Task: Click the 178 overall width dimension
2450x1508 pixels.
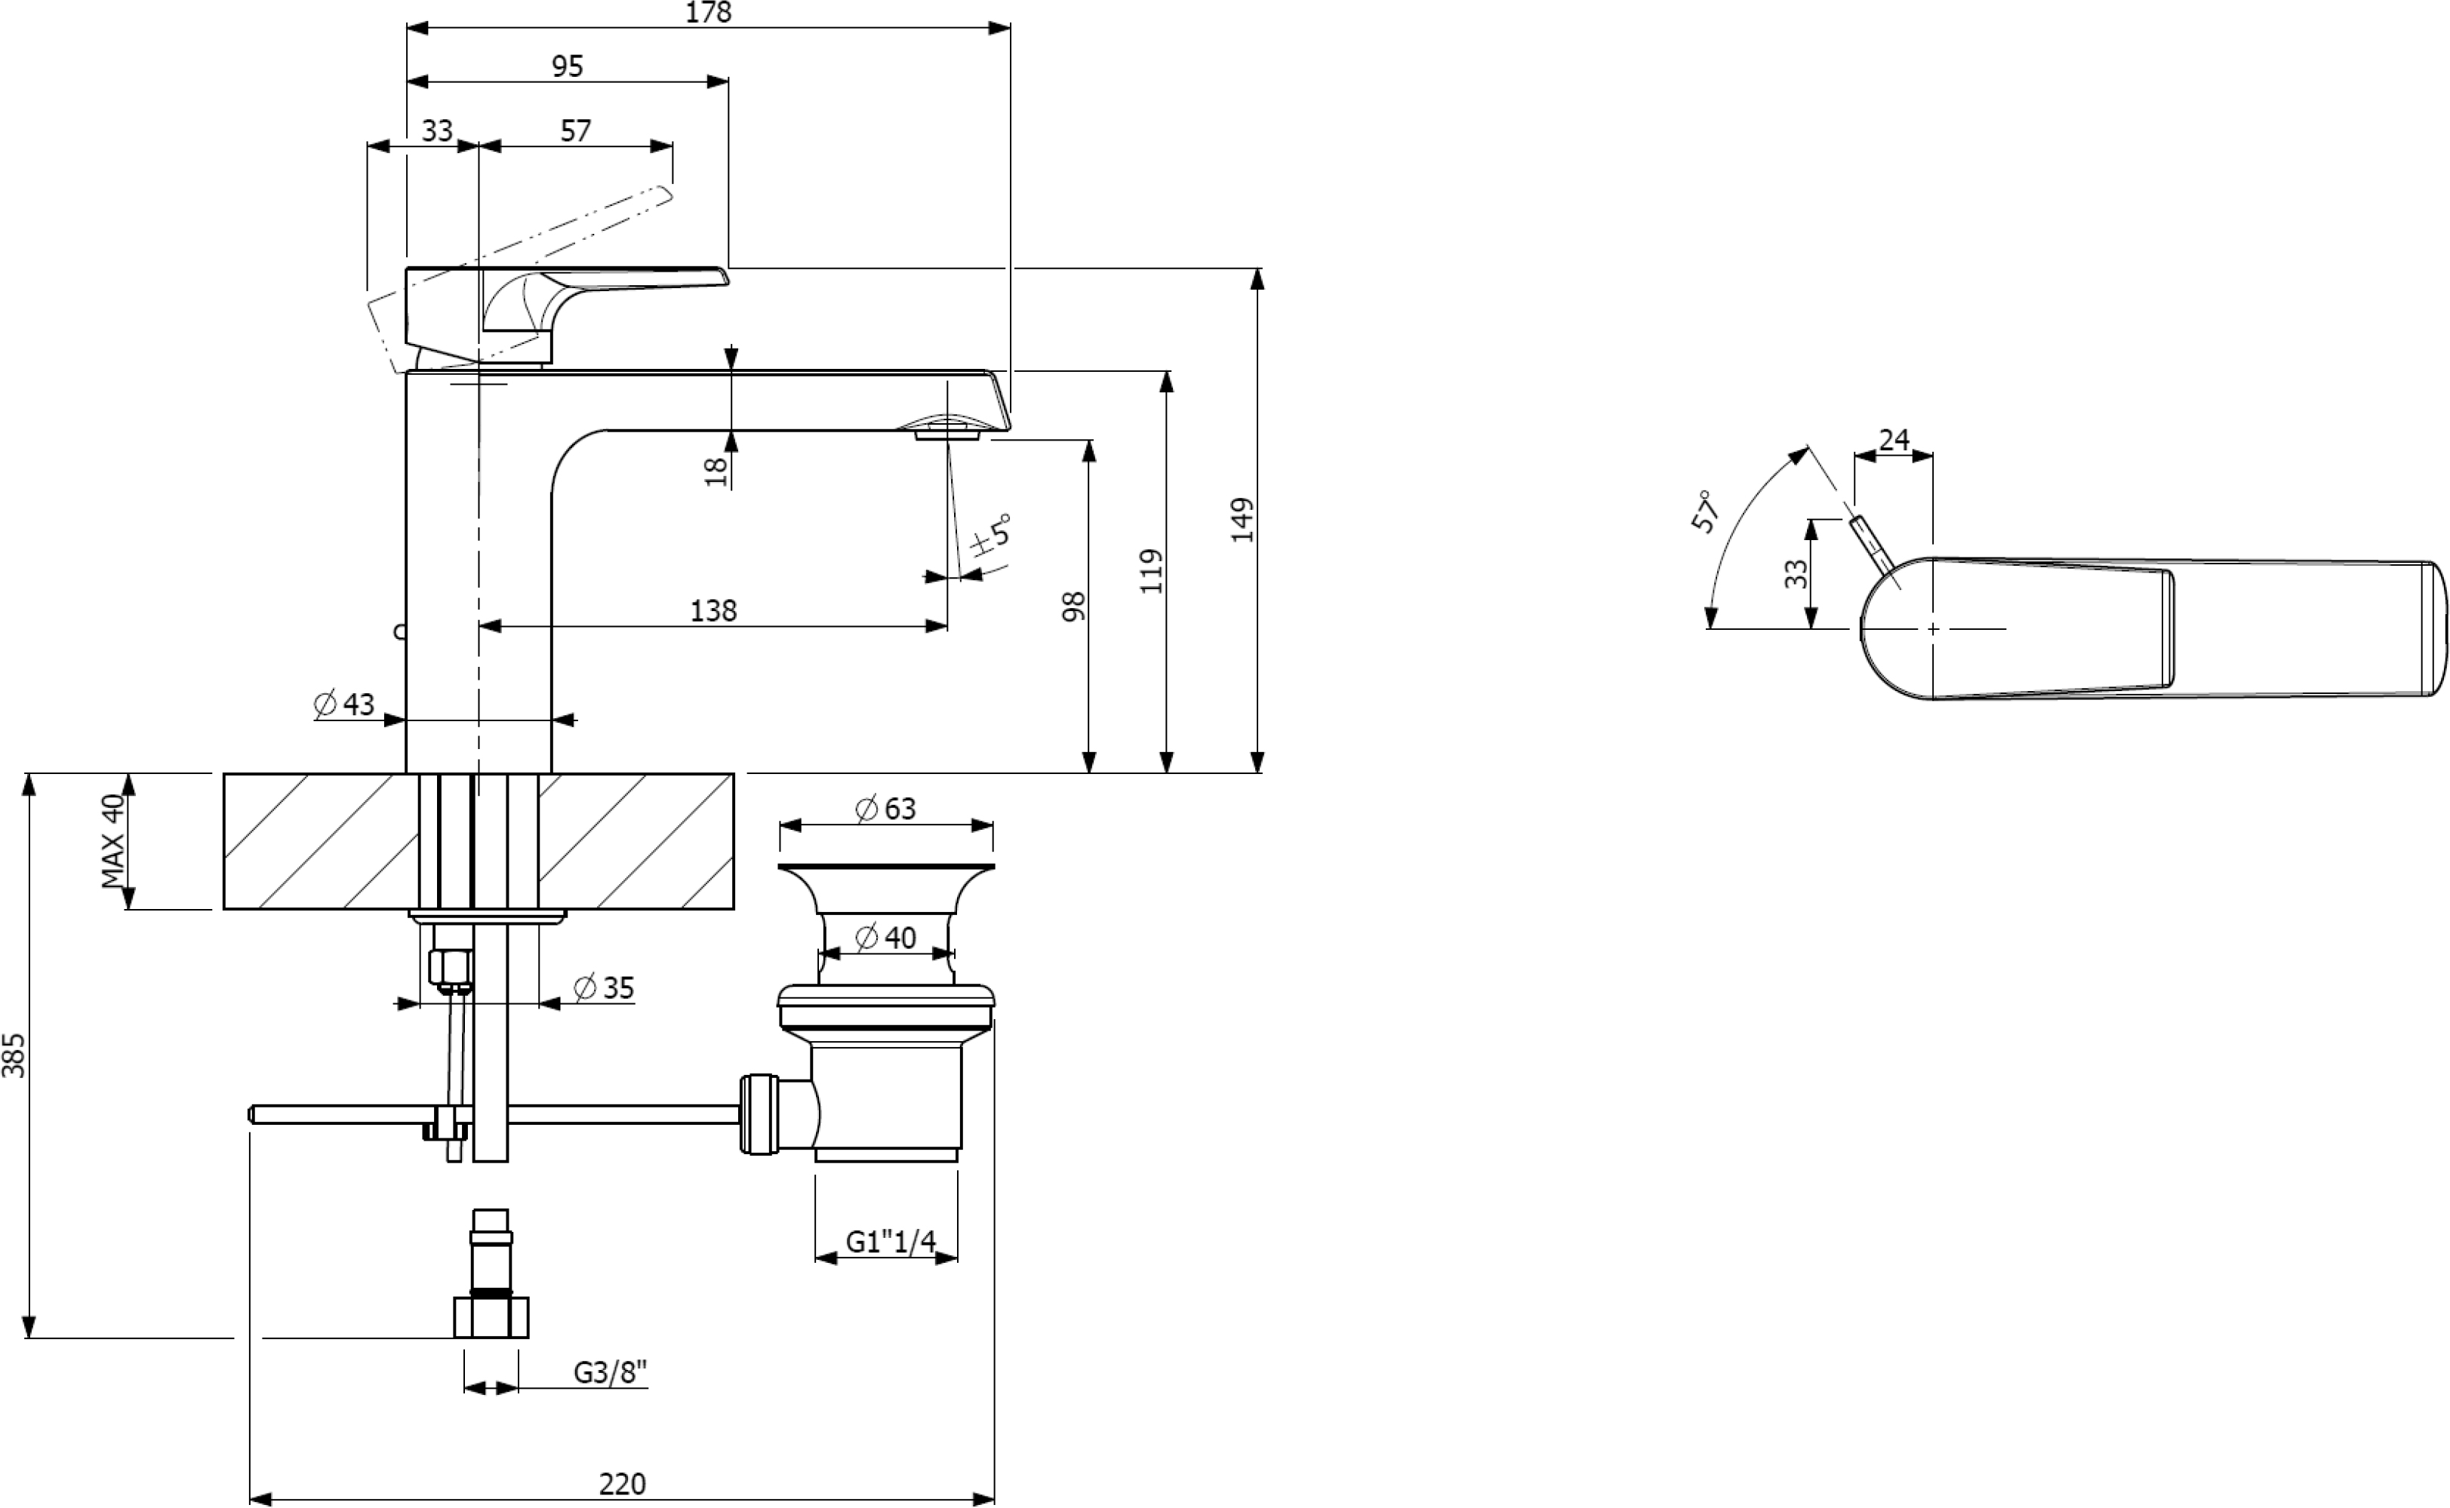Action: [x=708, y=13]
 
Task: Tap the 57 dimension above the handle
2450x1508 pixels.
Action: [x=576, y=131]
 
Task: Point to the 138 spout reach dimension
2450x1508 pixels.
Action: [x=713, y=610]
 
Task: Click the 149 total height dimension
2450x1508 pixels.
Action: [x=1242, y=520]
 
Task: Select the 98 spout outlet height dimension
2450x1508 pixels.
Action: [x=1073, y=607]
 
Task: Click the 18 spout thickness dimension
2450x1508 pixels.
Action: [x=716, y=471]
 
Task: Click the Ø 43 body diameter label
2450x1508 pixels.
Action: [x=344, y=704]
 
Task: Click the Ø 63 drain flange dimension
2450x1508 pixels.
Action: [x=886, y=808]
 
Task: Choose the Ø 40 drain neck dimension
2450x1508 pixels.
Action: [x=886, y=938]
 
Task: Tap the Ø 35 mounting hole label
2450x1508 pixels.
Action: [x=605, y=987]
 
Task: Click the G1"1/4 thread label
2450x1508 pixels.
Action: [x=891, y=1241]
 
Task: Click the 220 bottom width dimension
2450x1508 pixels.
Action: [x=623, y=1484]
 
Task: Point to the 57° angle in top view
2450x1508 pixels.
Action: [x=1706, y=511]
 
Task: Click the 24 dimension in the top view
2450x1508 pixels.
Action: [x=1894, y=440]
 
